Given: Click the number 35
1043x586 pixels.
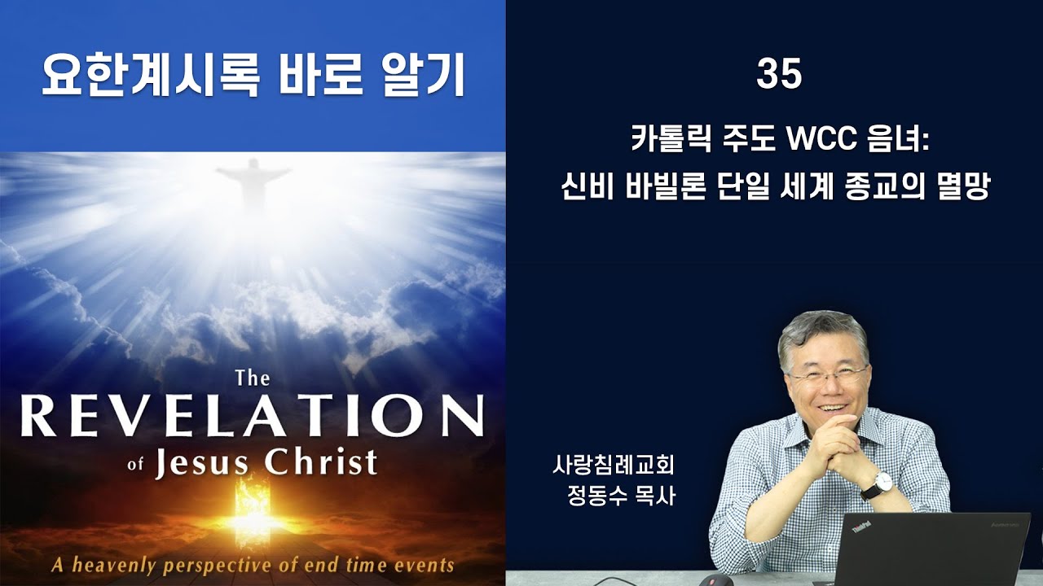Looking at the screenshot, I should pos(779,75).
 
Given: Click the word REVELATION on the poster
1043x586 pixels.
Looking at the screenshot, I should pos(252,416).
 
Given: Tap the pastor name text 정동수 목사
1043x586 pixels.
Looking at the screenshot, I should pos(621,496).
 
